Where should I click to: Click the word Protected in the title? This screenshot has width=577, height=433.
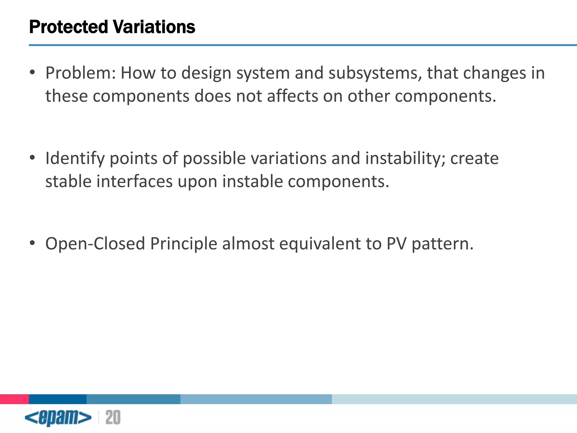coord(68,27)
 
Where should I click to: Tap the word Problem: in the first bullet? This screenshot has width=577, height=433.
coord(81,73)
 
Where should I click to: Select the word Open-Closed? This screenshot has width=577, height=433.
coord(95,244)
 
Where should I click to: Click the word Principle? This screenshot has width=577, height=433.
coord(183,244)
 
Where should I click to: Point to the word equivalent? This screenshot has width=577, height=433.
coord(320,244)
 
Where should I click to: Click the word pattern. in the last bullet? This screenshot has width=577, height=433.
coord(442,244)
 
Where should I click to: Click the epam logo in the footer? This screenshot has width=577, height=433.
coord(58,417)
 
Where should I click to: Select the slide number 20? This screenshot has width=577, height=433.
coord(113,417)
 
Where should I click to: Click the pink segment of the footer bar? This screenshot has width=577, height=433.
coord(14,399)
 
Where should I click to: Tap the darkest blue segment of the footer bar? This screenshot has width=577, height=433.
coord(58,399)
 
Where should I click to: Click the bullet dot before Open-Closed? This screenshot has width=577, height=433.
coord(32,243)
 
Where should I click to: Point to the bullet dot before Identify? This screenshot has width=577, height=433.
coord(32,158)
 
